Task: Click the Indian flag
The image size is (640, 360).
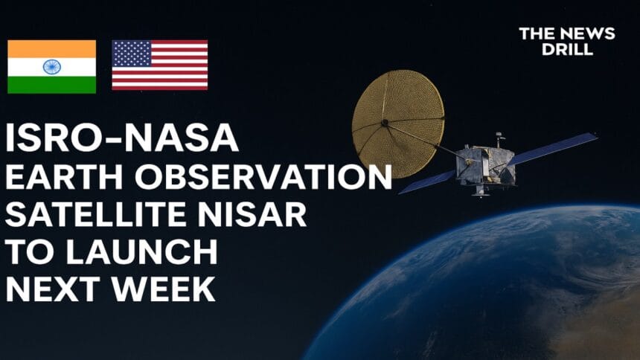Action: tap(52, 66)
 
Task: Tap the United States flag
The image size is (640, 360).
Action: tap(159, 65)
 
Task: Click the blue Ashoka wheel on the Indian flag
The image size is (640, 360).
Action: tap(52, 66)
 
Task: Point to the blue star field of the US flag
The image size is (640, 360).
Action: tap(132, 54)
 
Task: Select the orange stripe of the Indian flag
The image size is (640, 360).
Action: tap(52, 49)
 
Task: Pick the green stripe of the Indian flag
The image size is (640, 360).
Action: tap(52, 85)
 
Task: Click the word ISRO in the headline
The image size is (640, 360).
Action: tap(57, 138)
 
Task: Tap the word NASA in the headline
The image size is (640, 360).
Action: tap(181, 138)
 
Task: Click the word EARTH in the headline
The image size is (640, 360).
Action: tap(64, 177)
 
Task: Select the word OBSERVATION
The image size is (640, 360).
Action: tap(263, 177)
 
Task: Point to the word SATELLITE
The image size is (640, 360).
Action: tap(95, 215)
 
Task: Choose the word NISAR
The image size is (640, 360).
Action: tap(252, 215)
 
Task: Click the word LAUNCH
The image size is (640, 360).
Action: tap(142, 252)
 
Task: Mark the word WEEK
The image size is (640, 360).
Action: tap(163, 289)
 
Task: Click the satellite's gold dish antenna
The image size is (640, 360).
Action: tap(398, 123)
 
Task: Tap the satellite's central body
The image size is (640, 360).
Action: tap(486, 165)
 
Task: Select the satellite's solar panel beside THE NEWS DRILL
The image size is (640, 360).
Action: tap(553, 148)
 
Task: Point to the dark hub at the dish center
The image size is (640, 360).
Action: tap(385, 122)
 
